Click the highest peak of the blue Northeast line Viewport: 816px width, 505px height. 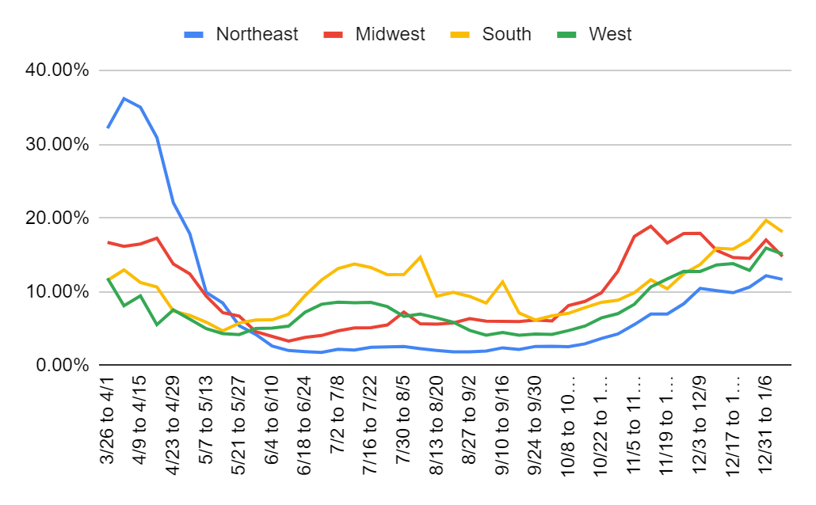[124, 98]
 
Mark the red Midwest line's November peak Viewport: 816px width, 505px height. [650, 226]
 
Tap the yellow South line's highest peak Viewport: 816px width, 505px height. [766, 220]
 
